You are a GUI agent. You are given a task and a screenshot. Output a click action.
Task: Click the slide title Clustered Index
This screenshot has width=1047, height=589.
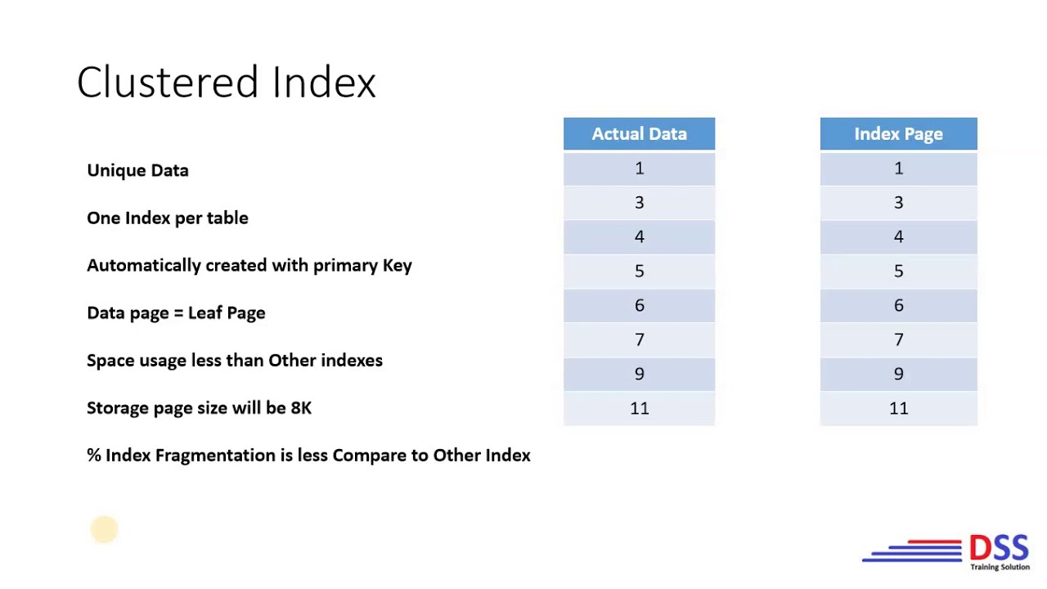click(x=226, y=83)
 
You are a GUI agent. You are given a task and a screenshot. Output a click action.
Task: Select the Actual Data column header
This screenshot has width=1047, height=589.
click(x=639, y=134)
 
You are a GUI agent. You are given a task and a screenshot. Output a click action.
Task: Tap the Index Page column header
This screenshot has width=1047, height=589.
click(x=898, y=134)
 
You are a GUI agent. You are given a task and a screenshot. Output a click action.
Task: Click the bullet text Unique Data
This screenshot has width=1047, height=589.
click(x=137, y=170)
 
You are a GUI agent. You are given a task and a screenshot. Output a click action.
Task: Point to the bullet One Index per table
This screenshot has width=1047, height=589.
click(x=168, y=218)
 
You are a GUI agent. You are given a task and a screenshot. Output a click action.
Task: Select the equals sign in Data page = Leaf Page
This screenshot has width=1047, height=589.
click(x=178, y=313)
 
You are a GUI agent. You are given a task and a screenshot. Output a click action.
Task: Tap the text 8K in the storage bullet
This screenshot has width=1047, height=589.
click(x=301, y=407)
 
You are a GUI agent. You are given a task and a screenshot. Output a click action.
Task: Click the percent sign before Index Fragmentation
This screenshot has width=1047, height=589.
click(x=94, y=455)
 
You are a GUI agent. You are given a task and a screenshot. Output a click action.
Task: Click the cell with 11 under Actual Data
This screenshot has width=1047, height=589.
click(x=639, y=408)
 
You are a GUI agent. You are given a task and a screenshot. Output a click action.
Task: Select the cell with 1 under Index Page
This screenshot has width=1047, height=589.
click(x=898, y=169)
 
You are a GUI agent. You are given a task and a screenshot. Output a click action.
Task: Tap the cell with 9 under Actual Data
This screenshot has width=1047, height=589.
click(x=639, y=374)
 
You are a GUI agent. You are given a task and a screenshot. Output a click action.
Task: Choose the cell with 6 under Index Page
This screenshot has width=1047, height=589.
click(x=898, y=305)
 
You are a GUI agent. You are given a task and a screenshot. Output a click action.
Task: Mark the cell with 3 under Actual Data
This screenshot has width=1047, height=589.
click(x=639, y=203)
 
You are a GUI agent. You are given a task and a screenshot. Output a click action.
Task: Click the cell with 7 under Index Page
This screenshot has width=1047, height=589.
click(x=898, y=339)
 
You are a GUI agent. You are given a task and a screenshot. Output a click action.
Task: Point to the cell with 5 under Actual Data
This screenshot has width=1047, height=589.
click(x=639, y=271)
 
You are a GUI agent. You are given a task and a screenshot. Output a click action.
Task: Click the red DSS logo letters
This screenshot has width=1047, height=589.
click(x=999, y=547)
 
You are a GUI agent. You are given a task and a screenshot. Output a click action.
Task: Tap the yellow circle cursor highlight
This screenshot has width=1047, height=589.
click(x=104, y=529)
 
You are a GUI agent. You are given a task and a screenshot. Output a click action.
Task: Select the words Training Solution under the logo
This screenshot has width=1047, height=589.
click(x=1000, y=567)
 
